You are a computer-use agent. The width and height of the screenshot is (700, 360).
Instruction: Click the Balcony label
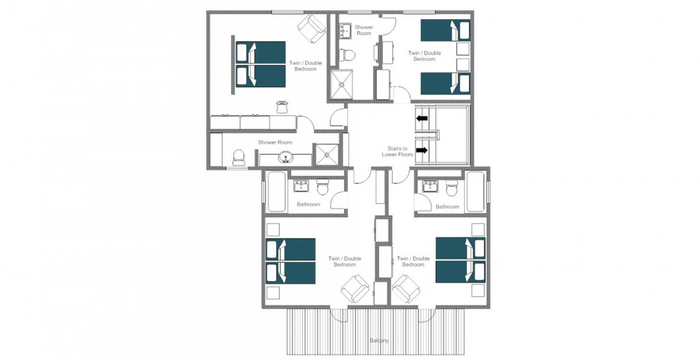[x=379, y=341]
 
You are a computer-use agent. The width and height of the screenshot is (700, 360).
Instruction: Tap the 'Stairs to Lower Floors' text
[x=397, y=151]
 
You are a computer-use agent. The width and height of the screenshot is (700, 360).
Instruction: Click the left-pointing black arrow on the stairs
[x=422, y=118]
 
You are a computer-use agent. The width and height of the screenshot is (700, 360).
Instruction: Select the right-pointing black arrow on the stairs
[x=422, y=151]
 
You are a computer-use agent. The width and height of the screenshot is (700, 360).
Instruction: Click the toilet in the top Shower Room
[x=347, y=55]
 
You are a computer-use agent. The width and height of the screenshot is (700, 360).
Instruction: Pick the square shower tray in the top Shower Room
[x=342, y=84]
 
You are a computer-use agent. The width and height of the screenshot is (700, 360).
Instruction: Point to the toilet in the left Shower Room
[x=238, y=158]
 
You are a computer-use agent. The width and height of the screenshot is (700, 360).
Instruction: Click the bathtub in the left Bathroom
[x=277, y=192]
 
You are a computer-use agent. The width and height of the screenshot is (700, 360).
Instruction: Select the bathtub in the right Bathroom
[x=475, y=192]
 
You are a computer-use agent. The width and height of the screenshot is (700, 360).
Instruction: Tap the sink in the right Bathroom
[x=430, y=186]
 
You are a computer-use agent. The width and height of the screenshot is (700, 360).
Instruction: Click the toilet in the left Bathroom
[x=322, y=186]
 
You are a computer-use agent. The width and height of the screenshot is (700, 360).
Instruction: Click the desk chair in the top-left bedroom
[x=282, y=107]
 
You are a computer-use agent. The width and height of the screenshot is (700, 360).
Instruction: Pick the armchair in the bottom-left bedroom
[x=355, y=289]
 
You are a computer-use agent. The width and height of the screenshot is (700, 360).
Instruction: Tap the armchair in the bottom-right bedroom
[x=406, y=289]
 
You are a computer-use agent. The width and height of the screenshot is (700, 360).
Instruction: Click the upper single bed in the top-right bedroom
[x=445, y=30]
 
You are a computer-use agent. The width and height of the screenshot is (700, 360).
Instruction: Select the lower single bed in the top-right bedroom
[x=445, y=83]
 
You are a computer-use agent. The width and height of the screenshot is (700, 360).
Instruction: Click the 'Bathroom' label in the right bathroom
[x=447, y=207]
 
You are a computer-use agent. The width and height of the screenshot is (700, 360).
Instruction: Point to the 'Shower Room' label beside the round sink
[x=275, y=143]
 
